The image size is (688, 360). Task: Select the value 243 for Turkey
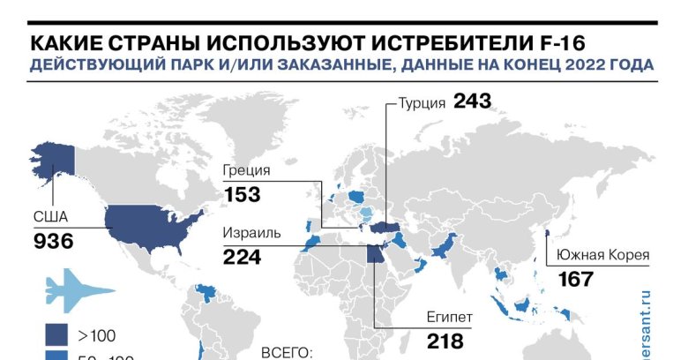click(472, 101)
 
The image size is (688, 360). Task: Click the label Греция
click(247, 171)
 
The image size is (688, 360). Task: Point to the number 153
click(243, 194)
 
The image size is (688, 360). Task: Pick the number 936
click(53, 241)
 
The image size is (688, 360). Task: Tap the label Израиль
click(252, 234)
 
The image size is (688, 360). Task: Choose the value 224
click(243, 257)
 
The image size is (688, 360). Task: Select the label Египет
click(451, 316)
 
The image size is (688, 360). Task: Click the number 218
click(446, 340)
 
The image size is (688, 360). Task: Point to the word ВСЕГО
click(288, 352)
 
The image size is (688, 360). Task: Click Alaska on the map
click(53, 159)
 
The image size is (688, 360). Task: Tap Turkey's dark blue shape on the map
click(385, 229)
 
